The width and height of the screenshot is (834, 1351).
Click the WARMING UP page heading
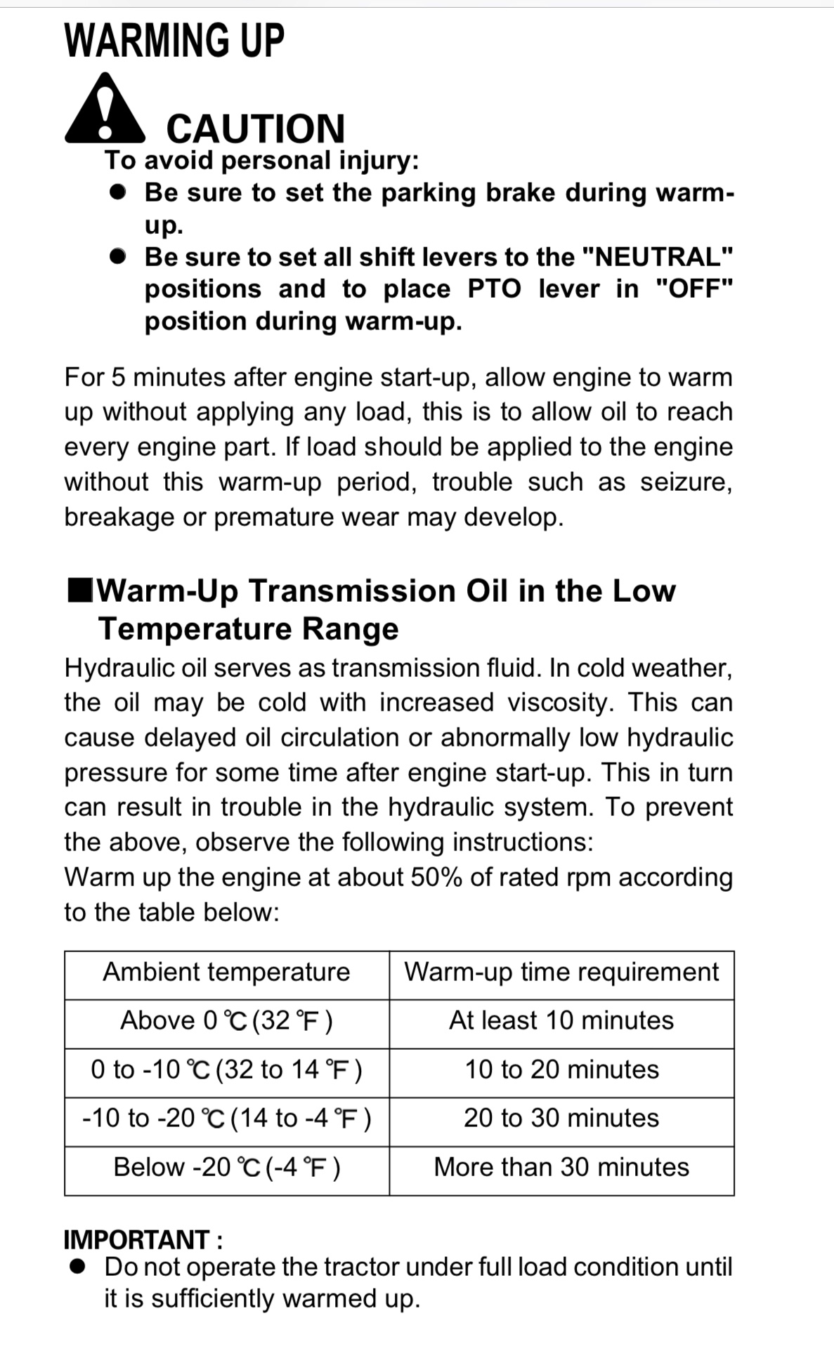click(174, 41)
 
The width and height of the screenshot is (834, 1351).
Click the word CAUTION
click(256, 128)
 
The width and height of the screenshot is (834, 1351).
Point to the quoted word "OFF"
click(693, 289)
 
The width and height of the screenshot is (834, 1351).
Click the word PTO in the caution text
click(495, 289)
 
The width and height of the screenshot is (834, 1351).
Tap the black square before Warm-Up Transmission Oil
click(80, 591)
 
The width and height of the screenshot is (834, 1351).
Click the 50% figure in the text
click(436, 878)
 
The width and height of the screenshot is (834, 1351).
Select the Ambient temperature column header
click(226, 973)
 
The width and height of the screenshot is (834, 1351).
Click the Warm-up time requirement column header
click(561, 973)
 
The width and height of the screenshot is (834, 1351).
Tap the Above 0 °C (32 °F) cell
click(226, 1021)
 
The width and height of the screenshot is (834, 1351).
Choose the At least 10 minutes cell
click(561, 1021)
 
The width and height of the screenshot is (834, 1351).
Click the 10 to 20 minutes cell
click(561, 1070)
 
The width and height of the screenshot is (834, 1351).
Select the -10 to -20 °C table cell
click(226, 1119)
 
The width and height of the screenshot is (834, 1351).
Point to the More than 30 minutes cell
click(561, 1168)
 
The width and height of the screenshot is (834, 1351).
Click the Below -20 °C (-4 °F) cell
click(226, 1168)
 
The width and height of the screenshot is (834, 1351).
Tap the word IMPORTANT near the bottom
click(137, 1240)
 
